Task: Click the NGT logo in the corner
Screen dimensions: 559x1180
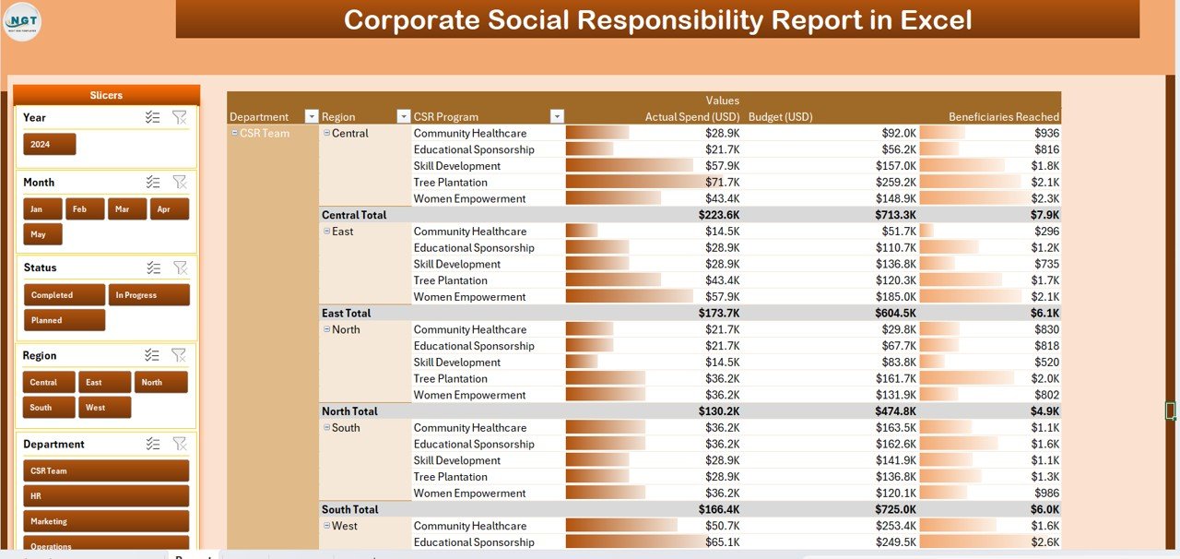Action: coord(23,21)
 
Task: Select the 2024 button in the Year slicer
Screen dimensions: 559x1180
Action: coord(49,145)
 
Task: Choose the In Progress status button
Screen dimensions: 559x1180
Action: coord(148,295)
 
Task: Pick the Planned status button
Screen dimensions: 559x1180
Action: coord(64,320)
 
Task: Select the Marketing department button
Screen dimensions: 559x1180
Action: coord(105,521)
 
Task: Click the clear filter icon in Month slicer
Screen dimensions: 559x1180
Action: coord(180,183)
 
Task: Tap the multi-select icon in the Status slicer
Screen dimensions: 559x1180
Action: coord(153,268)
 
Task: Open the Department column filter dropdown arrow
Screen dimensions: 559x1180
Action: coord(312,117)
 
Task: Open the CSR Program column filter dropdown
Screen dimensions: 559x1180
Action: coord(556,117)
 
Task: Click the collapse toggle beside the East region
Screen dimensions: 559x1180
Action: coord(326,232)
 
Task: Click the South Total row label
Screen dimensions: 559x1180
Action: coord(350,509)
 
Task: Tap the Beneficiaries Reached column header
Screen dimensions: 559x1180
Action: coord(1003,117)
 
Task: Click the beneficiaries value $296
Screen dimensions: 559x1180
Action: coord(1046,232)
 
